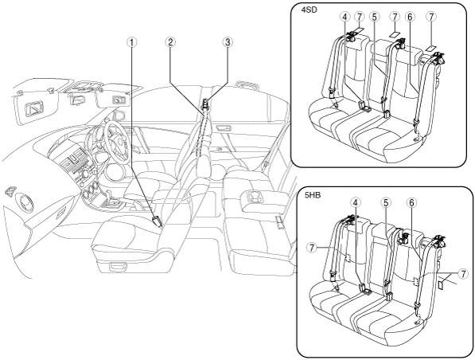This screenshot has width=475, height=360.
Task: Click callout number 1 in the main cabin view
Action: [131, 42]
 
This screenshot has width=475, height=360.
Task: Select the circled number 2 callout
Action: [170, 42]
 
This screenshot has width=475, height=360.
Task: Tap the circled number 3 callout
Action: [228, 42]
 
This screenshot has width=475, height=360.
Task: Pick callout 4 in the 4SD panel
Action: [345, 17]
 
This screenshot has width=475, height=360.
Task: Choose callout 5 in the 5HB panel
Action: [385, 203]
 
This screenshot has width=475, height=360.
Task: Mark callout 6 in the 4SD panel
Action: [410, 17]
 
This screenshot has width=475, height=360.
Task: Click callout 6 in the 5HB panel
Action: [411, 203]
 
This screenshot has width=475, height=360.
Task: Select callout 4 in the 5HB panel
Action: [356, 203]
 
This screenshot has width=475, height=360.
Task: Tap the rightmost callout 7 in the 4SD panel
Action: [431, 17]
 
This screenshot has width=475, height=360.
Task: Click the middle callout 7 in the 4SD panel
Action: [395, 17]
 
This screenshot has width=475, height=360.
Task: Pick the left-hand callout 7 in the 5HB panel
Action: [311, 248]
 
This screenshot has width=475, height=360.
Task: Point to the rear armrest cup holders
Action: [255, 198]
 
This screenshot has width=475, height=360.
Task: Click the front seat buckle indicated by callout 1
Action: [158, 221]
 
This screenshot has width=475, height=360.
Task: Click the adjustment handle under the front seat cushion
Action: [119, 267]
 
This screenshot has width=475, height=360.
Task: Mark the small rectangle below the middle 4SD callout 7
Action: [394, 33]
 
